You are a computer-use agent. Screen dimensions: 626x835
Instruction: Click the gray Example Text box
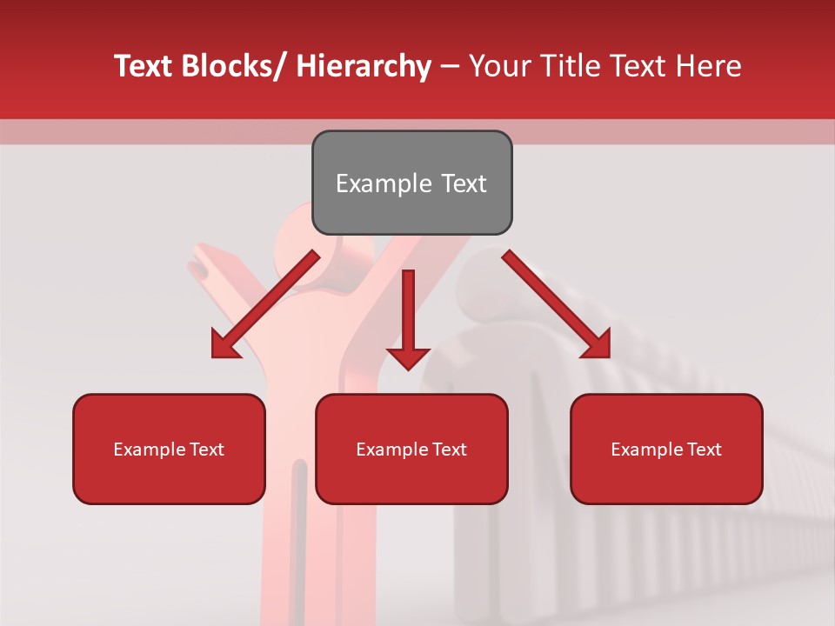411,183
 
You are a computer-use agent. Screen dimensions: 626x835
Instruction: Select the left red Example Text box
169,449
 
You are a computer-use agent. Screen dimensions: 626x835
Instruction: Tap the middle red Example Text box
411,449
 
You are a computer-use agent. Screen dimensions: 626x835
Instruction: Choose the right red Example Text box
666,449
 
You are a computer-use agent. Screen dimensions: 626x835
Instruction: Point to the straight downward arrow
408,317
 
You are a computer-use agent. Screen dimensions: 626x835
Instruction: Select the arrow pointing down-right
557,304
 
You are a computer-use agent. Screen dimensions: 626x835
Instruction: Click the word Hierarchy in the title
364,66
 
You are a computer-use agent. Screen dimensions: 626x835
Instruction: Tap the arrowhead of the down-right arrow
596,344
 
